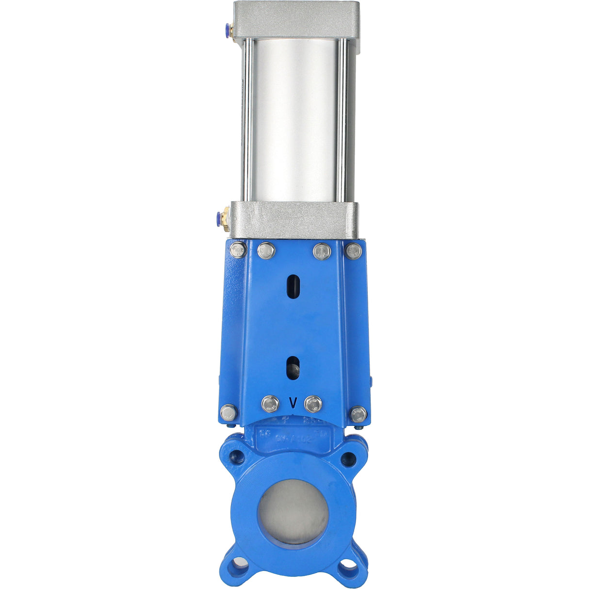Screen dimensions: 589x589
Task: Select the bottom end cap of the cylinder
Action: click(x=294, y=220)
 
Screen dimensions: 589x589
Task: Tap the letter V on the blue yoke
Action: click(x=293, y=403)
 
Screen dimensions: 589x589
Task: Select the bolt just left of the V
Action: click(x=270, y=404)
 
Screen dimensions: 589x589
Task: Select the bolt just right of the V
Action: click(x=313, y=404)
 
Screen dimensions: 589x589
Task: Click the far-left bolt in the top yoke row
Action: click(x=238, y=250)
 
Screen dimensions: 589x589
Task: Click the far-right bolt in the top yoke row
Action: click(x=354, y=251)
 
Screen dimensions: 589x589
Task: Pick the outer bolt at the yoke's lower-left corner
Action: click(x=229, y=413)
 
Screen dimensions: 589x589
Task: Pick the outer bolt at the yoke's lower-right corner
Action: click(x=359, y=414)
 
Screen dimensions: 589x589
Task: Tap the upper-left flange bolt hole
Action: click(x=238, y=456)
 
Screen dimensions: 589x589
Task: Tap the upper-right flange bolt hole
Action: click(x=348, y=459)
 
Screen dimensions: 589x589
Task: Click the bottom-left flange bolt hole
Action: click(x=239, y=564)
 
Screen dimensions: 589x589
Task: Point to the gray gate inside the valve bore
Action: click(x=293, y=512)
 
